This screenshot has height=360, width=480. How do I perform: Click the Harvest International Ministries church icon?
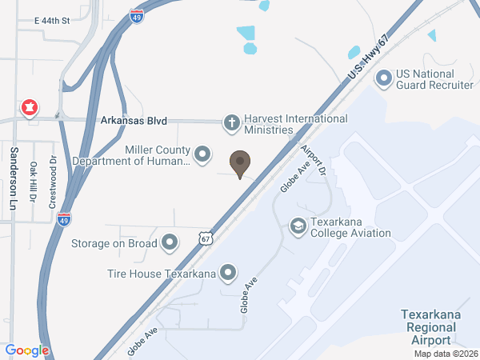pyautogui.click(x=231, y=123)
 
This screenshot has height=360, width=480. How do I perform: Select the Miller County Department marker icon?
pyautogui.click(x=203, y=153)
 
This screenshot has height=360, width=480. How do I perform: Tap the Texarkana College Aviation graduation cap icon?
pyautogui.click(x=298, y=226)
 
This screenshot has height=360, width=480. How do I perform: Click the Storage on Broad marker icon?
pyautogui.click(x=170, y=242)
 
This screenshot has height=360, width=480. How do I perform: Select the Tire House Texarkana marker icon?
pyautogui.click(x=228, y=274)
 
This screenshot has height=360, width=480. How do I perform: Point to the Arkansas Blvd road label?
pyautogui.click(x=134, y=121)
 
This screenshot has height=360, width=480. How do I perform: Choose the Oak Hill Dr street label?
pyautogui.click(x=34, y=182)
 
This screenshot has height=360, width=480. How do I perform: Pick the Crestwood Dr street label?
pyautogui.click(x=53, y=180)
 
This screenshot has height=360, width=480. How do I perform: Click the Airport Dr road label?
pyautogui.click(x=314, y=162)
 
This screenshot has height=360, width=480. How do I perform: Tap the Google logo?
pyautogui.click(x=27, y=350)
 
